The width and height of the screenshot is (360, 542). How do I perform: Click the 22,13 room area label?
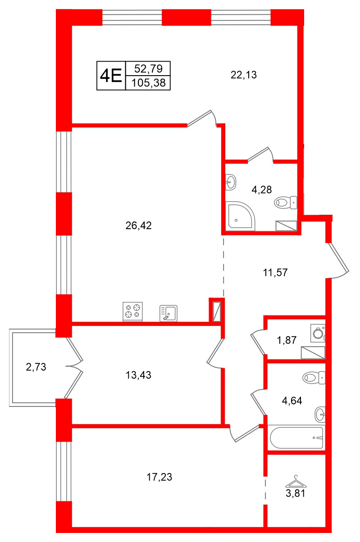pos(243,75)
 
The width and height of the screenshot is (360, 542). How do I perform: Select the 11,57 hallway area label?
pos(275,272)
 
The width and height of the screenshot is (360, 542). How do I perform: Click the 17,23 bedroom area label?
pos(159,477)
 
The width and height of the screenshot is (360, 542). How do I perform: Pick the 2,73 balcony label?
pos(36,367)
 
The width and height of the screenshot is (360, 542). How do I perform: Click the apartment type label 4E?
pos(111,75)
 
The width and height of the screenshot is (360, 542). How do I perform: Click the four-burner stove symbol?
pos(132,311)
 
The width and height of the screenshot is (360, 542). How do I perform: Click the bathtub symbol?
pos(296,437)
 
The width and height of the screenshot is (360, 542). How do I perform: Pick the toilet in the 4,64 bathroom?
pos(314,377)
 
